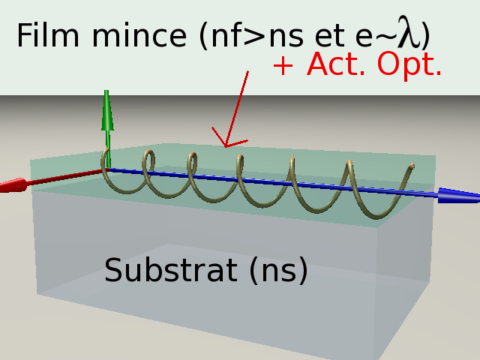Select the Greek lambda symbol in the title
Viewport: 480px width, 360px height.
[408, 33]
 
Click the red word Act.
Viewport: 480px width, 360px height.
[337, 65]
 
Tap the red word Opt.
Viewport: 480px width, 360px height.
[409, 65]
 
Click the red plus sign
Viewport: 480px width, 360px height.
[283, 66]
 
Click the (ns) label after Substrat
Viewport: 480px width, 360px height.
[278, 271]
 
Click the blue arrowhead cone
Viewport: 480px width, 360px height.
[457, 196]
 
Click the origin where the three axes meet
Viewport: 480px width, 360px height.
[106, 169]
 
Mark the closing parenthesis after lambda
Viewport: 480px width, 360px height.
[425, 35]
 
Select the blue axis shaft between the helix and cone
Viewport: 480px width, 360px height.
[424, 193]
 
